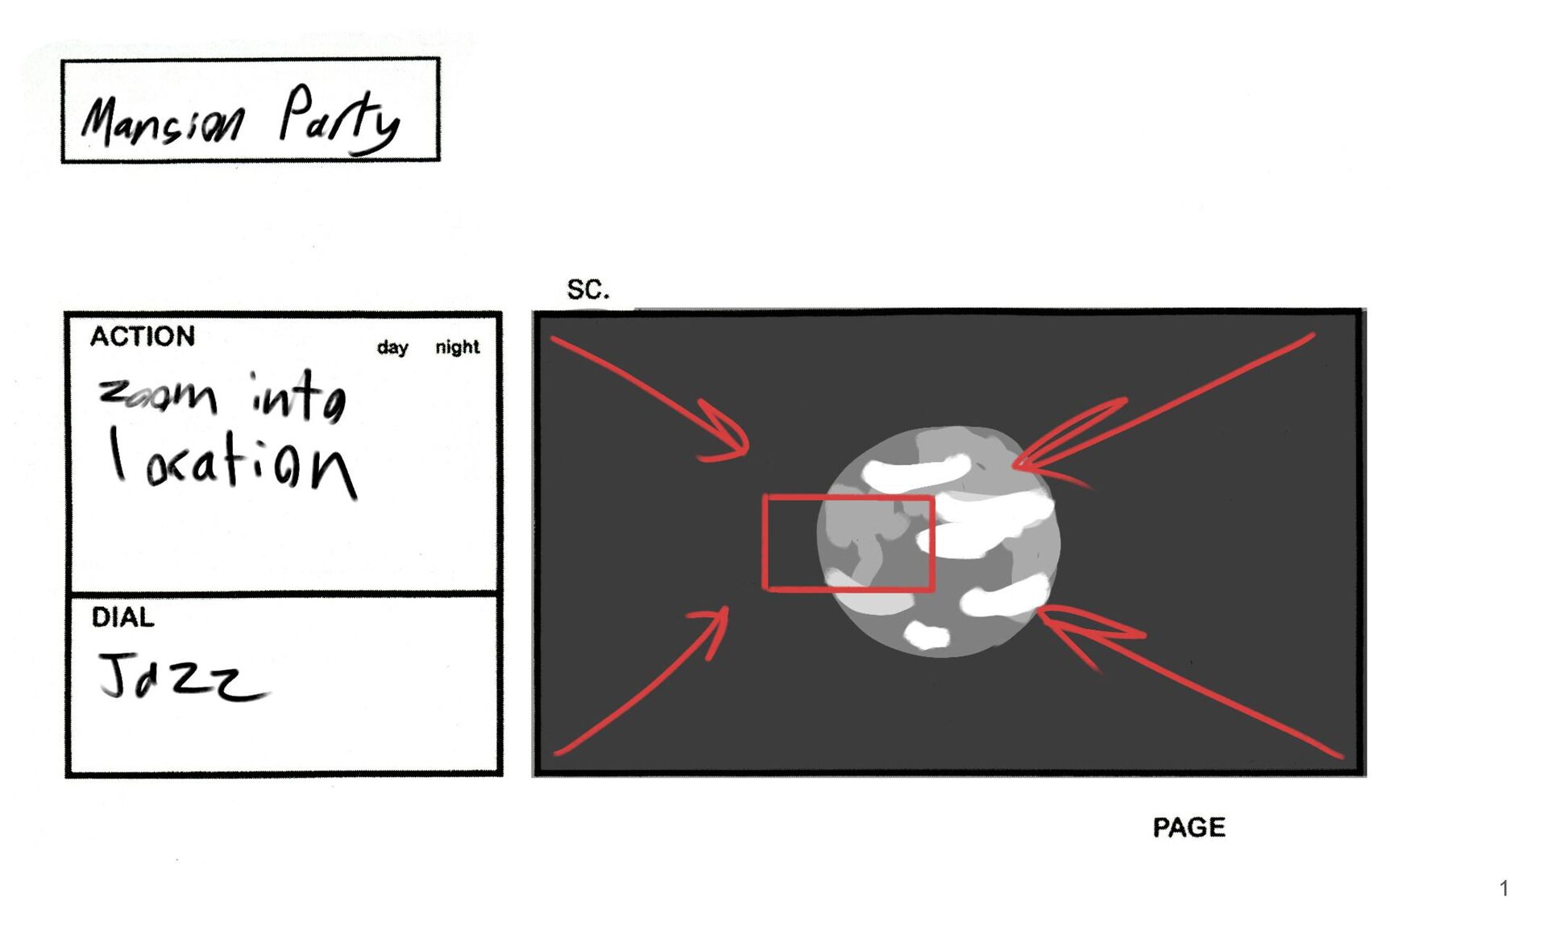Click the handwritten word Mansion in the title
pyautogui.click(x=162, y=121)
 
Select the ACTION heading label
pyautogui.click(x=143, y=336)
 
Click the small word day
pyautogui.click(x=392, y=347)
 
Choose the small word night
pyautogui.click(x=457, y=347)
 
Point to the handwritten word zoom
pyautogui.click(x=158, y=395)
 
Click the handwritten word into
pyautogui.click(x=298, y=397)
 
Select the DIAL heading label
pyautogui.click(x=122, y=617)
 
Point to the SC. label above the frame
pyautogui.click(x=588, y=289)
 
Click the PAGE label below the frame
pyautogui.click(x=1189, y=827)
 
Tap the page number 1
pyautogui.click(x=1503, y=888)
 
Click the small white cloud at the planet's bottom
pyautogui.click(x=927, y=634)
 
